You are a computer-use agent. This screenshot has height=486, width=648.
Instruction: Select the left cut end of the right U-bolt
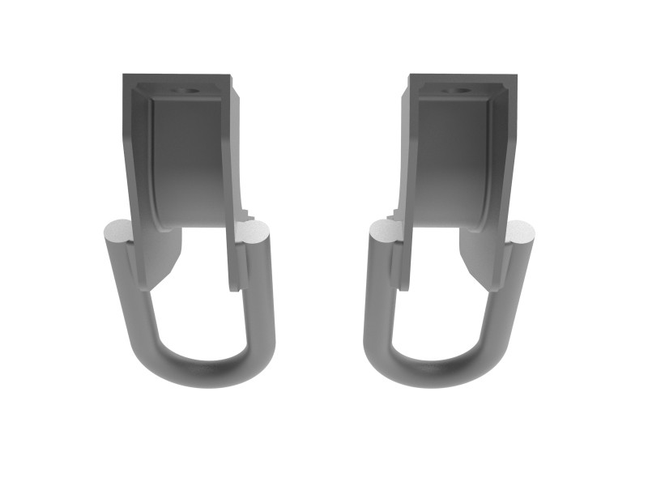click(383, 235)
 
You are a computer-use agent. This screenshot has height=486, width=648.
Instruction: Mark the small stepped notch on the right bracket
click(395, 215)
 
